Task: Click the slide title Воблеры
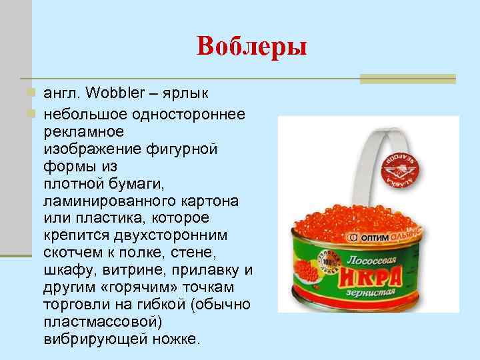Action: tap(251, 47)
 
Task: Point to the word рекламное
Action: tap(85, 132)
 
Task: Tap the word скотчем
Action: tap(78, 253)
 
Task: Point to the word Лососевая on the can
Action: tap(361, 257)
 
